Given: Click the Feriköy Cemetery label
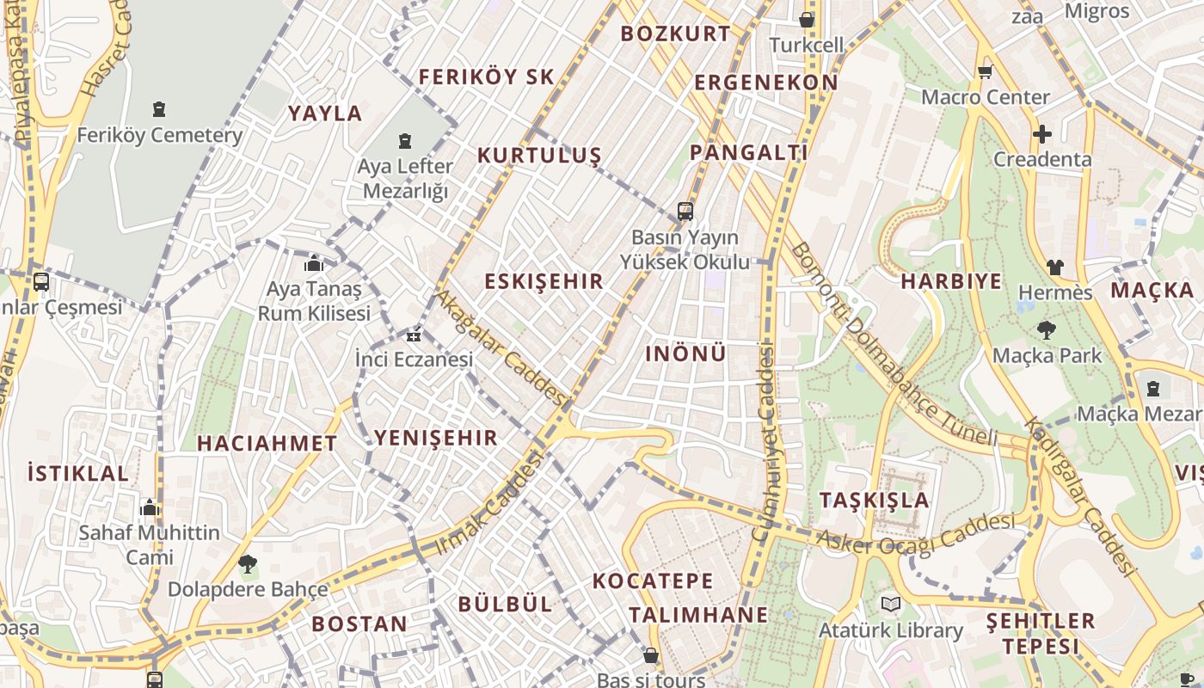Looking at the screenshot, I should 160,135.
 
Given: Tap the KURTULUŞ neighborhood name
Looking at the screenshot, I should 539,156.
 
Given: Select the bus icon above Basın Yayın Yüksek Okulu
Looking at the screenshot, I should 685,211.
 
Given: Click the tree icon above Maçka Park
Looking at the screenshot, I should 1047,329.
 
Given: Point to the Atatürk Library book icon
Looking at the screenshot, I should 891,605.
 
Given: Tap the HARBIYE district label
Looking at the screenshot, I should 951,281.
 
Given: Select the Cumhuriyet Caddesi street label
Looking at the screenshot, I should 764,443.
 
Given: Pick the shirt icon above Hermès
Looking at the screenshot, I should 1055,267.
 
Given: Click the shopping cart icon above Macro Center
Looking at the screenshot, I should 985,71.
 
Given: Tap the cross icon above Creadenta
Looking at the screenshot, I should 1042,134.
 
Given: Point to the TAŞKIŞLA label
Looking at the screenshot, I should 874,500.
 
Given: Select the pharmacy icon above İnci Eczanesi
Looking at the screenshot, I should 415,335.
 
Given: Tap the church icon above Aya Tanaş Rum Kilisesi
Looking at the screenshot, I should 314,263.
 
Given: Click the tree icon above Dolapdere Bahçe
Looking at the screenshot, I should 248,564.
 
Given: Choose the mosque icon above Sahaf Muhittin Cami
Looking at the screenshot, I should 150,507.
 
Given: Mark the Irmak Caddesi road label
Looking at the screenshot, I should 490,503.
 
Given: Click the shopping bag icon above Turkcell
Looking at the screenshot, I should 807,19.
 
